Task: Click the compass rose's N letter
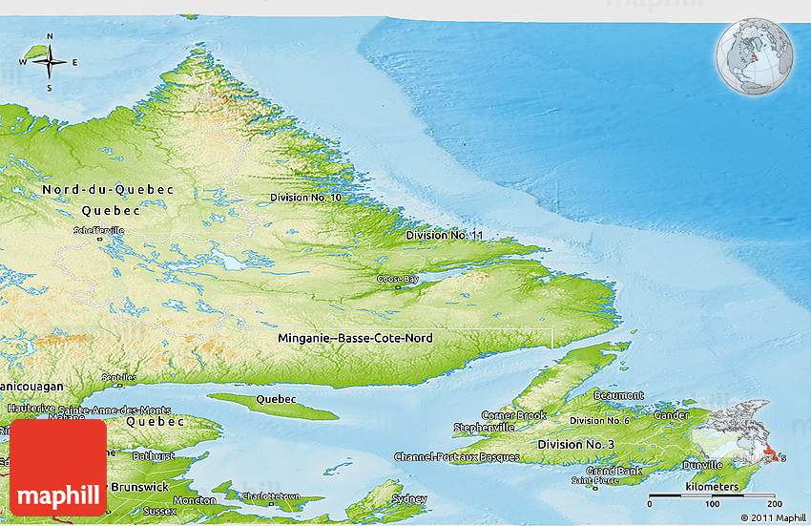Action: (50, 37)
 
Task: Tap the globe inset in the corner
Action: (756, 55)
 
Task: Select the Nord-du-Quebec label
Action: (108, 190)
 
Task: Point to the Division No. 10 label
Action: (305, 198)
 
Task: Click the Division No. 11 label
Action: (445, 235)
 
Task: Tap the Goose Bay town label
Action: (397, 279)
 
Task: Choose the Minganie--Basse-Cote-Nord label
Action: (355, 339)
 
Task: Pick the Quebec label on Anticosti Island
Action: (276, 398)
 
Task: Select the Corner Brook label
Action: (513, 415)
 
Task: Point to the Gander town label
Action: (672, 415)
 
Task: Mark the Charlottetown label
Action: (271, 496)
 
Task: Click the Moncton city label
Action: (194, 500)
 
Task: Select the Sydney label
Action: (409, 498)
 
